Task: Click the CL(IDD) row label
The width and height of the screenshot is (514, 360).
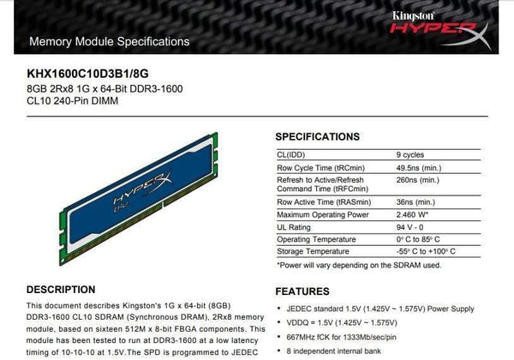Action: (293, 153)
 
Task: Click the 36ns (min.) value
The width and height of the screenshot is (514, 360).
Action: (419, 201)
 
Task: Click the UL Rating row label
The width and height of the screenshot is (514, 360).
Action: (295, 226)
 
